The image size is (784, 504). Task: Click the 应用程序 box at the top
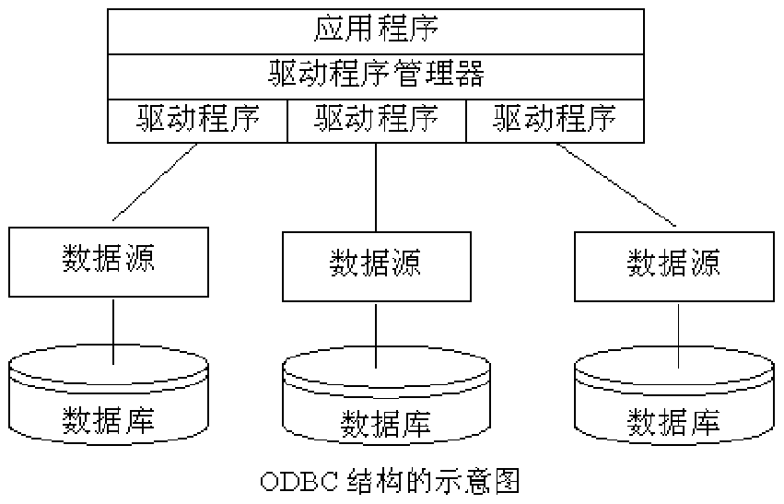tap(376, 29)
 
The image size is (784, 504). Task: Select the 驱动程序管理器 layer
tap(376, 73)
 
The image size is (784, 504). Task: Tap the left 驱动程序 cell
tap(198, 119)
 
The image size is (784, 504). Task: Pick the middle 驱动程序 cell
tap(376, 119)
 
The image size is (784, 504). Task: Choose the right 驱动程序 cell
tap(555, 119)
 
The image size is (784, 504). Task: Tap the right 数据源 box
tap(673, 265)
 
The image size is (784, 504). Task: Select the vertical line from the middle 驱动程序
tap(376, 184)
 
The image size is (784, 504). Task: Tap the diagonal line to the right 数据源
tap(615, 184)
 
